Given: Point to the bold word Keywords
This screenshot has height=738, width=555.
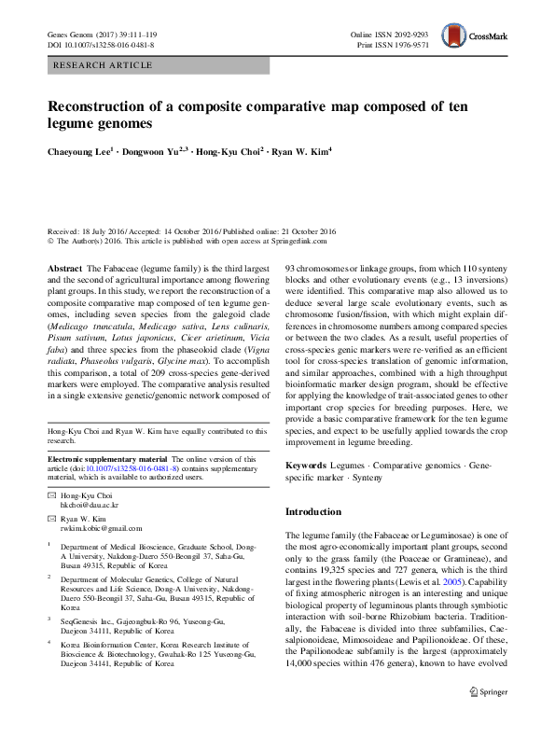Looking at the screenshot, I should [305, 464].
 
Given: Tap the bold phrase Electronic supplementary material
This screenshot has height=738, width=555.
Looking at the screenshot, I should [106, 459].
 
